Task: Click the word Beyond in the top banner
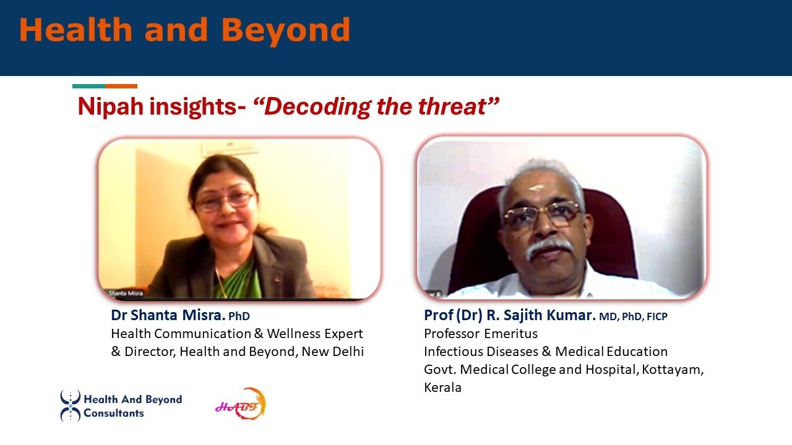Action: point(286,31)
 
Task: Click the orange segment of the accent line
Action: point(121,86)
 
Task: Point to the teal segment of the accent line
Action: point(88,86)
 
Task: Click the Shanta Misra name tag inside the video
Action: point(126,293)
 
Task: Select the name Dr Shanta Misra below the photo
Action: point(168,315)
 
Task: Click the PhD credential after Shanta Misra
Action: point(239,316)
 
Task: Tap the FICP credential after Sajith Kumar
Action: point(657,316)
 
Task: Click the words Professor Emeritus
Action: point(481,333)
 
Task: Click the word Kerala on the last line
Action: point(442,388)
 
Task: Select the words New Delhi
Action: point(333,352)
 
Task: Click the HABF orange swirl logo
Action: point(241,404)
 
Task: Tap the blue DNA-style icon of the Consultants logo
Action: point(71,406)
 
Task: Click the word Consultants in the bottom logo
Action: point(114,413)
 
